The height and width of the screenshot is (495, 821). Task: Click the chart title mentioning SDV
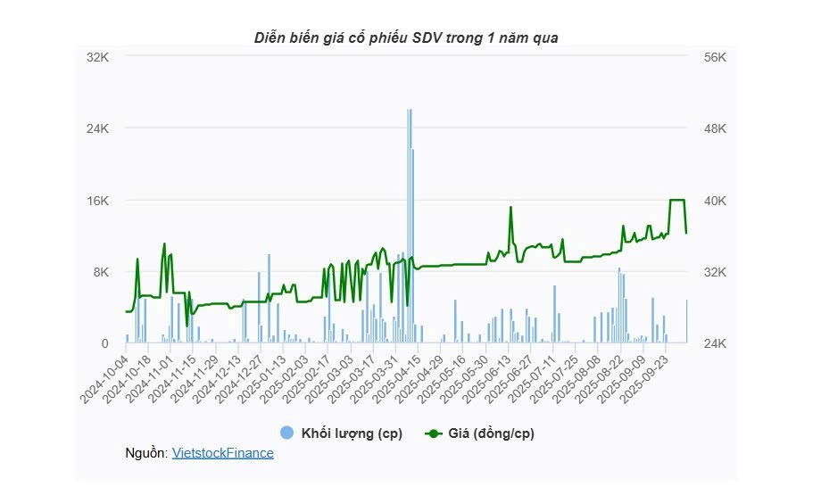[x=406, y=37]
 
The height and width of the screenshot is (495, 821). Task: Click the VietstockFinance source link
[x=222, y=453]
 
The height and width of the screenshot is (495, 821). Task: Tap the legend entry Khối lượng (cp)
[x=352, y=433]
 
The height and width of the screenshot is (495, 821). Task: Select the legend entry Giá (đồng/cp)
[x=489, y=433]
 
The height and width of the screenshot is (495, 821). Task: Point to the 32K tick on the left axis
[x=97, y=56]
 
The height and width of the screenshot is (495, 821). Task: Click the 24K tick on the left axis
[x=97, y=128]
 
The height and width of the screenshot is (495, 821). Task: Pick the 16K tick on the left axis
[x=97, y=201]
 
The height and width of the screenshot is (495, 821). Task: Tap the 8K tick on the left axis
[x=101, y=272]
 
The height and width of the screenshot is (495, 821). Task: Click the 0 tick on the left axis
[x=104, y=343]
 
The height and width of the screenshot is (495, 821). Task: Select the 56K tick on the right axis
[x=717, y=56]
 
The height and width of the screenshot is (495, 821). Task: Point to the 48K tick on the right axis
[x=717, y=128]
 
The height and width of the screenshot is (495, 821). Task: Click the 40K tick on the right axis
[x=717, y=201]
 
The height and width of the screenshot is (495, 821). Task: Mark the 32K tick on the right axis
[x=717, y=272]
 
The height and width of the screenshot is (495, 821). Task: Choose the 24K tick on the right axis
[x=717, y=343]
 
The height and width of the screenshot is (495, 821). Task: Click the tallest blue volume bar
[x=409, y=223]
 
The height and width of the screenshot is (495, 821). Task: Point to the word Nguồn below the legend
[x=146, y=453]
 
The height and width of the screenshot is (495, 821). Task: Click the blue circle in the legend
[x=286, y=433]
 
